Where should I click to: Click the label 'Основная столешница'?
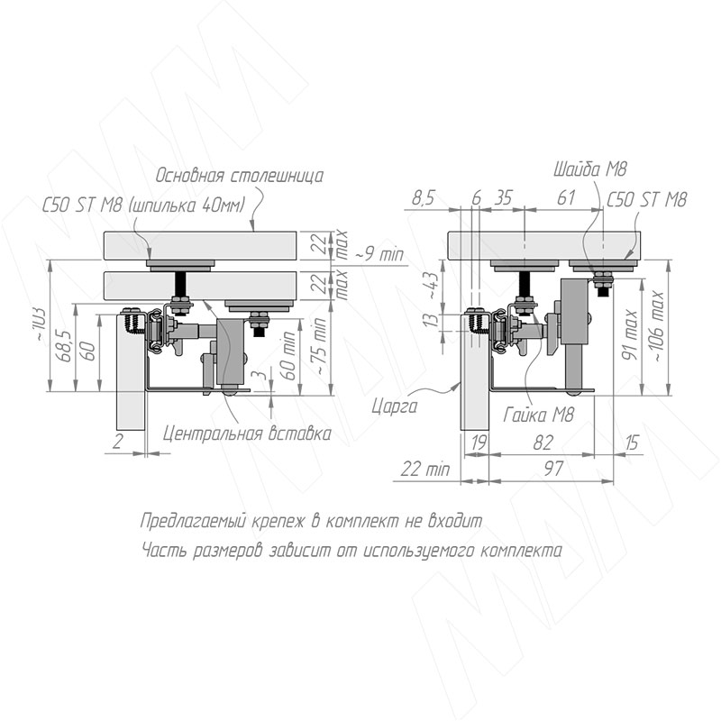240,175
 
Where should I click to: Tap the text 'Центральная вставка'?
247,434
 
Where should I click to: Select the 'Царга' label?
395,406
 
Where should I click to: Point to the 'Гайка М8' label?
539,415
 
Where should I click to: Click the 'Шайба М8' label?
591,169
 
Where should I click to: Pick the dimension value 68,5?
66,346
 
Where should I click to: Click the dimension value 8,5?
423,198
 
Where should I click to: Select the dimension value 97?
553,469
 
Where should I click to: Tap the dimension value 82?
543,443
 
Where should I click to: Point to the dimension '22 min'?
424,470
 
